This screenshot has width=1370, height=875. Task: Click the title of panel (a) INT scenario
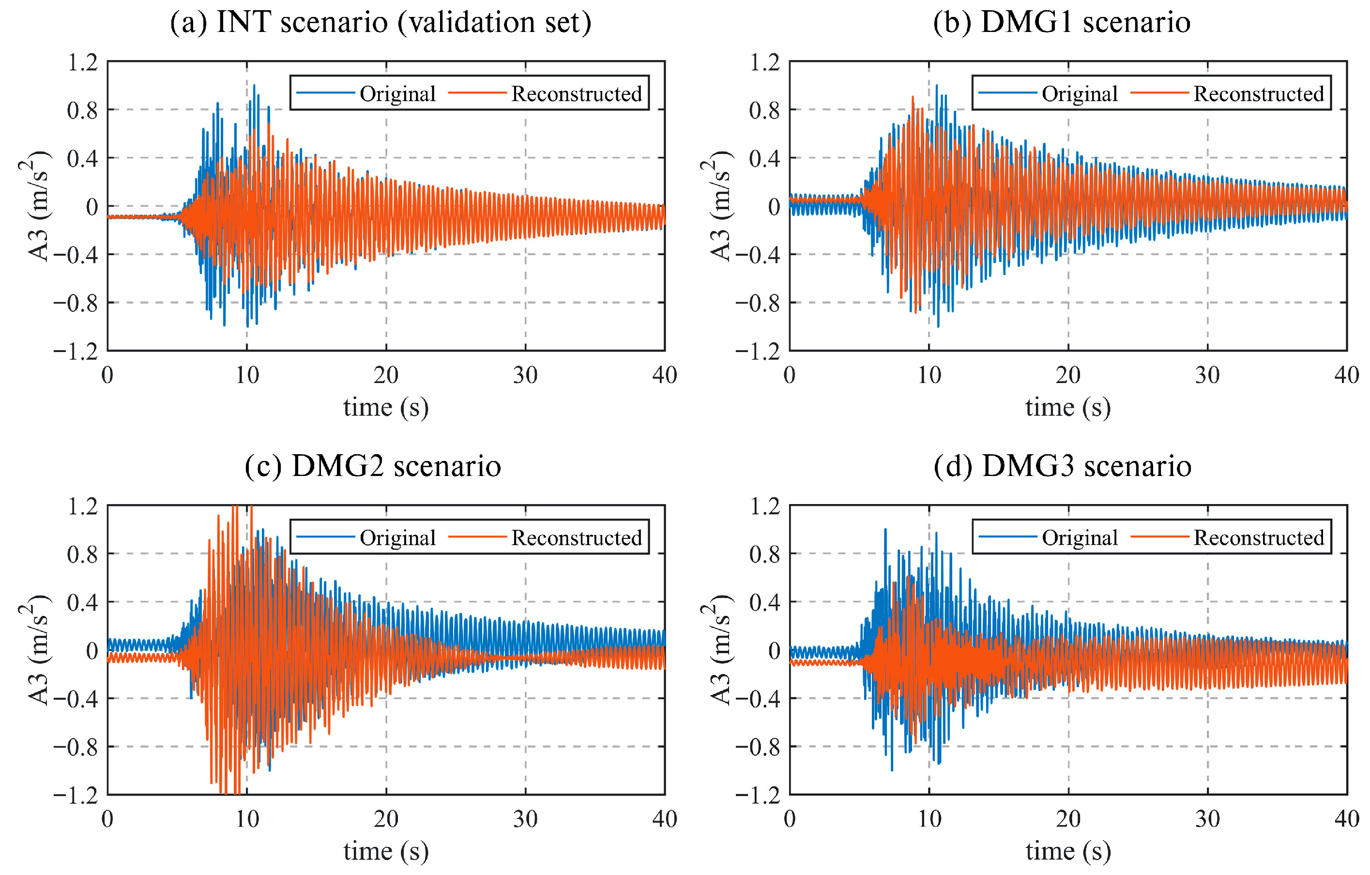click(381, 23)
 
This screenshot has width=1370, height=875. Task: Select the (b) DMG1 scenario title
click(1062, 23)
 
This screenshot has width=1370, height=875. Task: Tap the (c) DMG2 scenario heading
click(373, 466)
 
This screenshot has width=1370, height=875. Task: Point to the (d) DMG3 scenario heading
click(1062, 466)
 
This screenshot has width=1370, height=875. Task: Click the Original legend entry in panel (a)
click(397, 94)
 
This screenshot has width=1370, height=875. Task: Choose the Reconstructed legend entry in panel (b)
click(1259, 94)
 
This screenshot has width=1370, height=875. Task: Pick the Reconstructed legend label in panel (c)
click(577, 537)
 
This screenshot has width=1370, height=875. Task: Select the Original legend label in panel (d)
click(1079, 537)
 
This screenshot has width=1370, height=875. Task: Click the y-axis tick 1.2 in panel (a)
click(82, 62)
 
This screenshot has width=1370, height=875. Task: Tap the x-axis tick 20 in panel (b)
click(1068, 375)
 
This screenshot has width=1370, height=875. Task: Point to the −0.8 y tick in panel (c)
click(75, 747)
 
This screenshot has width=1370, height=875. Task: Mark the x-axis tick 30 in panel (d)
click(1207, 819)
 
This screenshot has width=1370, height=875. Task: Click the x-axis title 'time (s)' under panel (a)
click(386, 408)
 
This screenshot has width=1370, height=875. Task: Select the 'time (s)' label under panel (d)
click(1068, 852)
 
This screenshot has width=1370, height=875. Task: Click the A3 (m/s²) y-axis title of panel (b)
click(721, 206)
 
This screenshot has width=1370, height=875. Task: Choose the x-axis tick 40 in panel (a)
click(665, 375)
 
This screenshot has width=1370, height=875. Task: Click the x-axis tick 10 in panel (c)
click(247, 819)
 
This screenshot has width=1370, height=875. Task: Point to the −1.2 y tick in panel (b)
click(757, 352)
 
